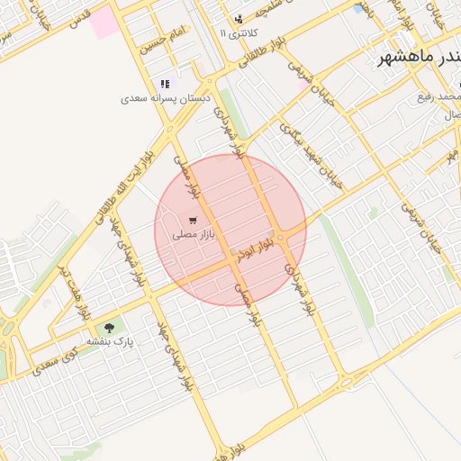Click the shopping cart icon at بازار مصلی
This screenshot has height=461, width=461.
click(x=193, y=220)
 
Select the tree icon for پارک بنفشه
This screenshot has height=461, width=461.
click(x=110, y=329)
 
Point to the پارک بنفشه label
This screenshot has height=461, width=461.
click(x=110, y=343)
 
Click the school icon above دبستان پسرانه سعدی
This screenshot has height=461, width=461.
click(x=165, y=84)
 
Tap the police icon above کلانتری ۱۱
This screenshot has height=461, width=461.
click(x=239, y=19)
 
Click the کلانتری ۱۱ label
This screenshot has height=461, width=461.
click(x=239, y=32)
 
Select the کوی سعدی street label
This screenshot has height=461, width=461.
click(x=57, y=364)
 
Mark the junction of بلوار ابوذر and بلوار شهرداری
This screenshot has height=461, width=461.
click(x=281, y=236)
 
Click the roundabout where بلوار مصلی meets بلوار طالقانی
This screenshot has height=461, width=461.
click(x=170, y=129)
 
